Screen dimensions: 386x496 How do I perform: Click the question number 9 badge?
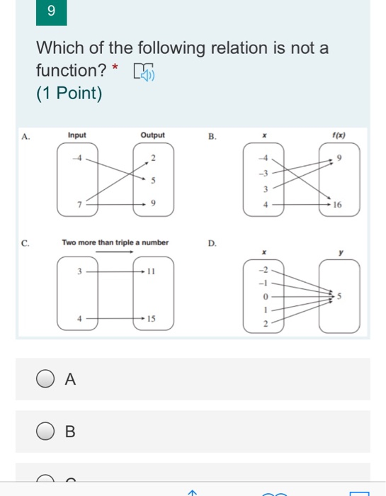[x=52, y=11]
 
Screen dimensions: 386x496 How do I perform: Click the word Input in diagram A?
[x=76, y=135]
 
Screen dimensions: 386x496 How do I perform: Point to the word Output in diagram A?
[x=152, y=135]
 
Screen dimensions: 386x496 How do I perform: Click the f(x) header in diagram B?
[x=338, y=135]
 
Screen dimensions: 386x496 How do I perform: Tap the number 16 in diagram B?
[x=338, y=204]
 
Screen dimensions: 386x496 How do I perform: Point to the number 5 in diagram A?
[x=154, y=181]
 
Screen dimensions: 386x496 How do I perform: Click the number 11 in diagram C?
[x=152, y=271]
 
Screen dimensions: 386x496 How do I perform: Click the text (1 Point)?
[x=69, y=94]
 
